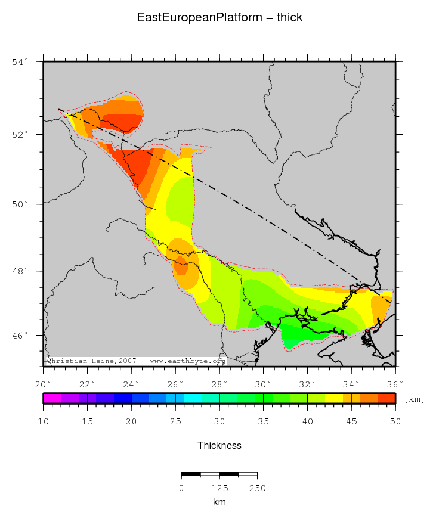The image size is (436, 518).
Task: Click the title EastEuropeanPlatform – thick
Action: pyautogui.click(x=219, y=18)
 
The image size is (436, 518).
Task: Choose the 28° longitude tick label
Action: pyautogui.click(x=219, y=383)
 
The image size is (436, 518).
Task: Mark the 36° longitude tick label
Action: pyautogui.click(x=395, y=383)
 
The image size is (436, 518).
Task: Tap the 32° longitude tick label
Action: pyautogui.click(x=307, y=383)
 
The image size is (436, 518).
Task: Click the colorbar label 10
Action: pyautogui.click(x=44, y=421)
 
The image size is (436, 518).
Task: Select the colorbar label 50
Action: pyautogui.click(x=395, y=421)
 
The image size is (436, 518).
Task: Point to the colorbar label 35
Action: pyautogui.click(x=264, y=421)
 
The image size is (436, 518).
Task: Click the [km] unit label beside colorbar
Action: pyautogui.click(x=415, y=399)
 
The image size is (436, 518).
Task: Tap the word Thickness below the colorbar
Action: pyautogui.click(x=219, y=445)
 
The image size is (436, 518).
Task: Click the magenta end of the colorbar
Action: pyautogui.click(x=48, y=399)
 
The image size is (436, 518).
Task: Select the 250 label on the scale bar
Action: pyautogui.click(x=257, y=488)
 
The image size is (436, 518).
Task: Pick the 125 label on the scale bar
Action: pyautogui.click(x=219, y=488)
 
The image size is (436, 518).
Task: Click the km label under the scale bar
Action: pyautogui.click(x=219, y=503)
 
